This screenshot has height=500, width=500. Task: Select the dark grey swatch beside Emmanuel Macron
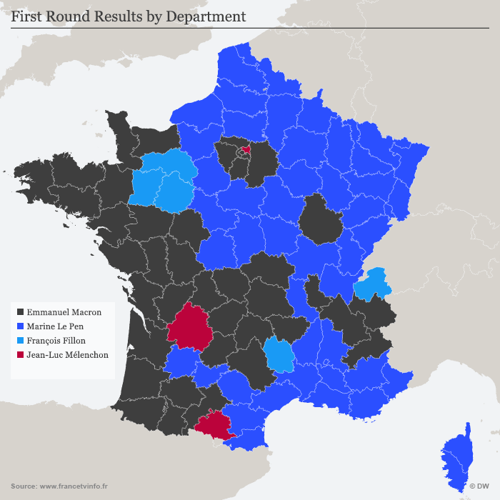coord(20,312)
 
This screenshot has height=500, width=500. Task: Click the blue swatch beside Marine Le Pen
coord(20,326)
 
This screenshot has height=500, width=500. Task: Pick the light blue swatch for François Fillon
coord(20,340)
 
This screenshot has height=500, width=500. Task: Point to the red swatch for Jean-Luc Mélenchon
coord(20,354)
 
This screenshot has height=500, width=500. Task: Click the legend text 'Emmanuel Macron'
coord(64,312)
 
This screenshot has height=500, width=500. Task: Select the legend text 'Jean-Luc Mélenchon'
coord(68,354)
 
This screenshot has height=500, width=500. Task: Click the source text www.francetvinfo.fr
coord(74,486)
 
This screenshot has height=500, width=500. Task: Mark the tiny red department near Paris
coord(246,150)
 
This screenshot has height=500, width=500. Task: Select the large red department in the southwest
coord(191,327)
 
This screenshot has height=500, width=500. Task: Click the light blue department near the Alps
coord(373,284)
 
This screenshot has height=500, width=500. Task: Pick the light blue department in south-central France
coord(279,355)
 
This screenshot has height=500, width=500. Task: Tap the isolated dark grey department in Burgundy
coord(320,218)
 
